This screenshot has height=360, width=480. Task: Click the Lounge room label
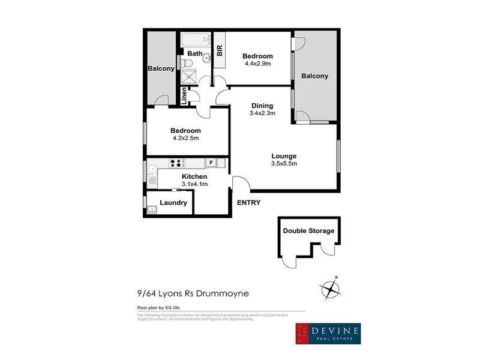284,156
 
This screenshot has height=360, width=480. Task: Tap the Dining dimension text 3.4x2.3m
262,113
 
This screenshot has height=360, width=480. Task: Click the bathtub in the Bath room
196,41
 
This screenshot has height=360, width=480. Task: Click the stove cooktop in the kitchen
177,162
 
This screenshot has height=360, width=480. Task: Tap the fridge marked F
210,162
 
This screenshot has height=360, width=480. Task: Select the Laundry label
173,203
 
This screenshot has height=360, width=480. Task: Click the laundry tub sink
152,209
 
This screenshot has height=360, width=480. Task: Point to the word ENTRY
249,203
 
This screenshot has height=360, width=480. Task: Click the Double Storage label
308,231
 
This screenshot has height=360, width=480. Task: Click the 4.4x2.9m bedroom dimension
257,63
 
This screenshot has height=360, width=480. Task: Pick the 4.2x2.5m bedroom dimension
185,138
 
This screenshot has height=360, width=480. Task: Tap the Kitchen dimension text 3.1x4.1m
194,184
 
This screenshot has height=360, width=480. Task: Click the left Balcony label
161,68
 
